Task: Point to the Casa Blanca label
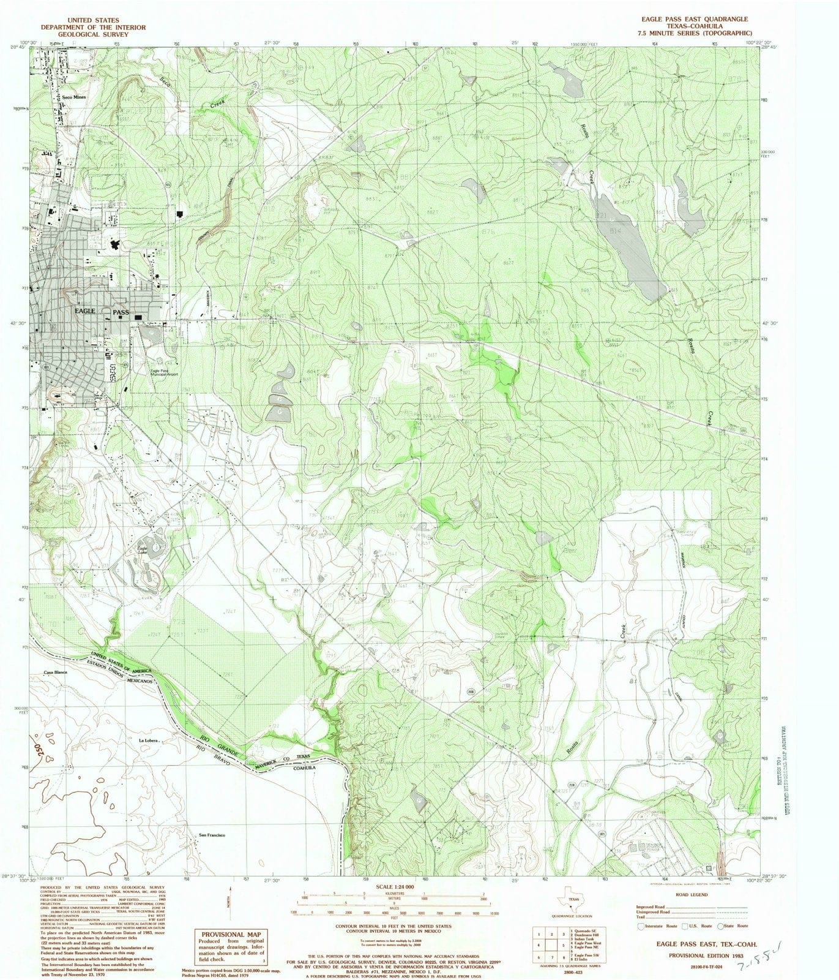click(x=55, y=673)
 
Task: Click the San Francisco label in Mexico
click(x=212, y=835)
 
